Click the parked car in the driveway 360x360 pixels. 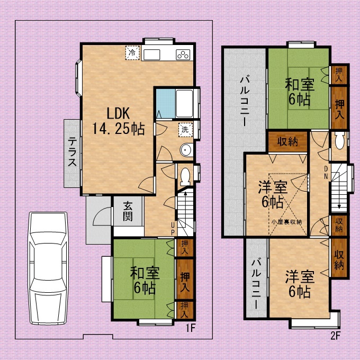point(48,268)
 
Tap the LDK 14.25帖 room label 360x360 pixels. point(118,121)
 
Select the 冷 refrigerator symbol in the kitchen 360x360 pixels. point(132,53)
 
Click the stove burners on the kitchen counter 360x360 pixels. point(183,55)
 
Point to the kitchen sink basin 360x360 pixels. point(152,55)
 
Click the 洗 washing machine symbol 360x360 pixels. point(185,130)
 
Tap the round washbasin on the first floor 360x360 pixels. point(186,150)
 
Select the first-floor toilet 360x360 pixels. point(185,176)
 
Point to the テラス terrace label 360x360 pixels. point(72,151)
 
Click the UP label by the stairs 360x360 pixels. point(173,229)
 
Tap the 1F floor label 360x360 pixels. point(191,328)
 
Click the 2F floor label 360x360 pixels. point(335,336)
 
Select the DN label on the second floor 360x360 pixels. point(326,173)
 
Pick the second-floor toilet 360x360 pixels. point(339,140)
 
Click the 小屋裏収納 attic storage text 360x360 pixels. point(286,222)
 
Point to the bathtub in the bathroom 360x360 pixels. point(184,103)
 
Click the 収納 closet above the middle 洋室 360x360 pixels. point(287,142)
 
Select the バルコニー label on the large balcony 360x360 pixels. point(245,101)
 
